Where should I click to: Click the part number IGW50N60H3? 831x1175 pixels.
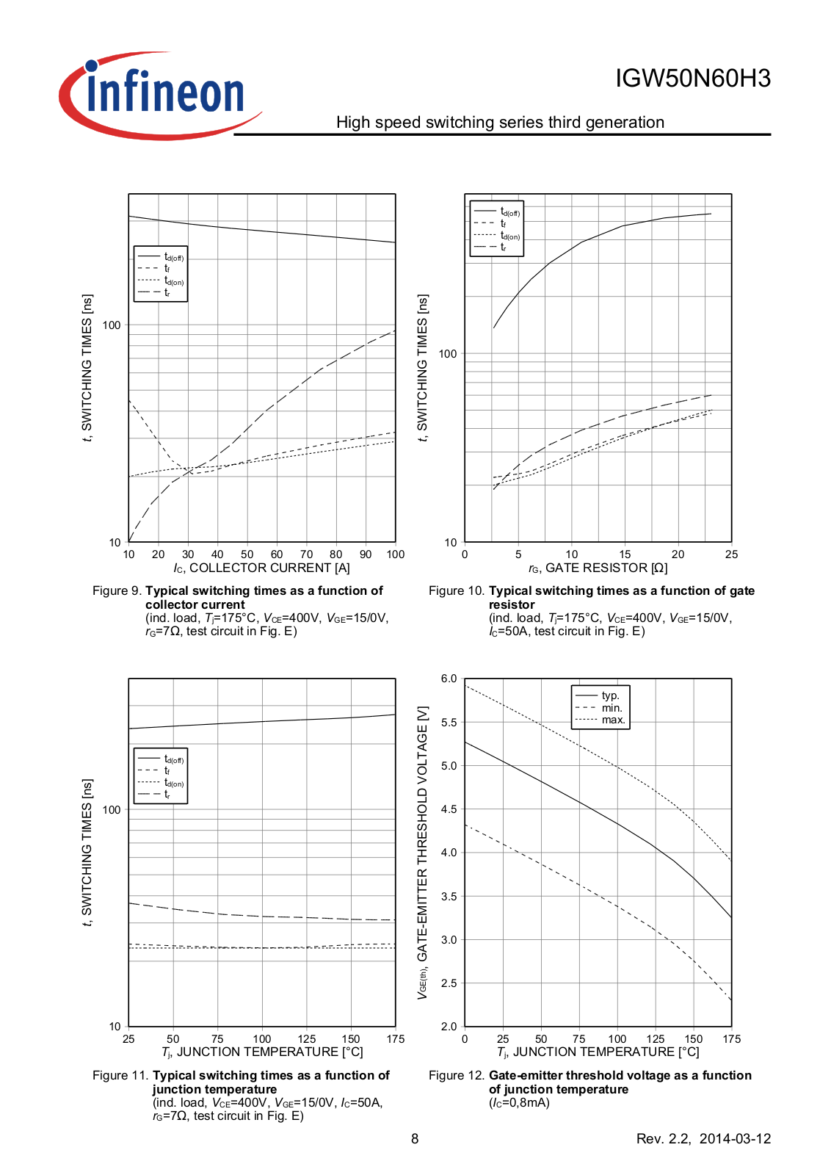pos(692,79)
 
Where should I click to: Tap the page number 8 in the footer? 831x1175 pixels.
pos(415,1138)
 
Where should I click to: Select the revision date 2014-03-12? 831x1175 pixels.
pos(735,1138)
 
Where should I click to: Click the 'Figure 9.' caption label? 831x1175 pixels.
pos(117,590)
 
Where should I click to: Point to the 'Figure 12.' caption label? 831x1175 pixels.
pos(457,1075)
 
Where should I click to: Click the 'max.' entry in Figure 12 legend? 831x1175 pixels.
pos(613,720)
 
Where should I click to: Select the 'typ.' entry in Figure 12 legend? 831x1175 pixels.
pos(610,695)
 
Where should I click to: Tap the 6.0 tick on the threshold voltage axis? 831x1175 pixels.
pos(449,679)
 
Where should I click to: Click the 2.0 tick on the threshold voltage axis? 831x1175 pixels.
pos(449,1026)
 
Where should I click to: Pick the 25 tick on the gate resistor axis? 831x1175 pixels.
pos(731,554)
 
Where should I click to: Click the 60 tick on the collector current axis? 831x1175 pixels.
pos(277,554)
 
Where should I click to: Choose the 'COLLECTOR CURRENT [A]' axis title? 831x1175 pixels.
pos(269,568)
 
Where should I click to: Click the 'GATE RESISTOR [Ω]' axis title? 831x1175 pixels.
pos(606,568)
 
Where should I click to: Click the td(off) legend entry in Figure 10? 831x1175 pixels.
pos(510,211)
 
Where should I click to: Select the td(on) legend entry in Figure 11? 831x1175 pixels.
pos(174,783)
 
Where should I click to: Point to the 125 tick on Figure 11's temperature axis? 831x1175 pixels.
pos(307,1039)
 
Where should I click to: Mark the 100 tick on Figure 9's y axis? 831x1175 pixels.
pos(112,325)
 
